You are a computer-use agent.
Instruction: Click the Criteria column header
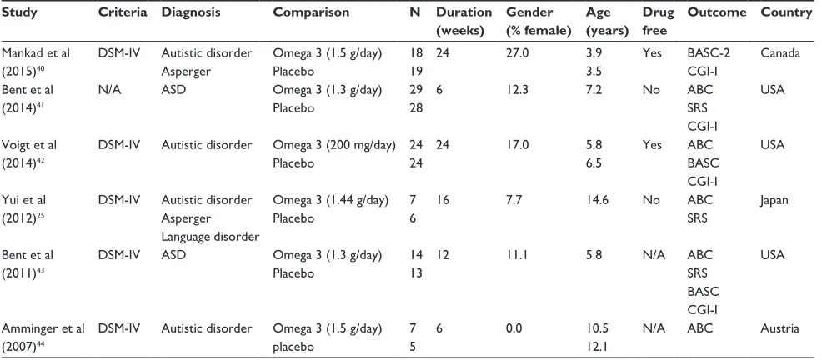123,12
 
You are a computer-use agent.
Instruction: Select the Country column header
786,12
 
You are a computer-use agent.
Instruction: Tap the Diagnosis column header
191,12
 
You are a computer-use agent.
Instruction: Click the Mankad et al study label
36,53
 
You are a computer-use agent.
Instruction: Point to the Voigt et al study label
29,145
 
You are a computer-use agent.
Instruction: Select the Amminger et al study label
43,328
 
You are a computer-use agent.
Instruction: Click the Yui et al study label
23,200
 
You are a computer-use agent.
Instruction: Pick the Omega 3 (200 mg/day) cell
334,145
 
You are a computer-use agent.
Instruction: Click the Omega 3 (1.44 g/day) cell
330,200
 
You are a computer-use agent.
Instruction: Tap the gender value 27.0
517,53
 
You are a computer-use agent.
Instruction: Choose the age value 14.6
597,200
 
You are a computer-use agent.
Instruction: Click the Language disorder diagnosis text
210,237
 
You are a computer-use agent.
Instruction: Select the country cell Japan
774,200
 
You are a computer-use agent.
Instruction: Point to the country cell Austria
779,328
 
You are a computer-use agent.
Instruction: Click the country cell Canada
780,53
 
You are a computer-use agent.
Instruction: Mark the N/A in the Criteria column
109,90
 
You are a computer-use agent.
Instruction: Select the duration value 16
444,200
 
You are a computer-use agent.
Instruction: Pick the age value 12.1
597,347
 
